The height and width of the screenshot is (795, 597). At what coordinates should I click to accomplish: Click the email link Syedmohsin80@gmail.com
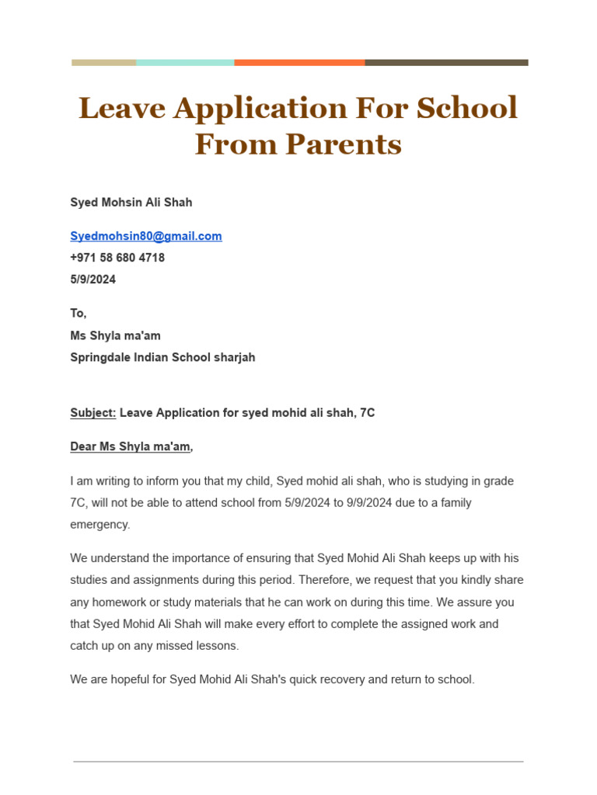click(x=146, y=236)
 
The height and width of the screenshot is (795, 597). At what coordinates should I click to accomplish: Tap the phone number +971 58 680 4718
click(x=117, y=258)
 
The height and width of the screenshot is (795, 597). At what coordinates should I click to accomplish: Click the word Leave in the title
click(x=122, y=108)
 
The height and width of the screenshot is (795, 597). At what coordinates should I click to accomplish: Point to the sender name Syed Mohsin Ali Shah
click(x=131, y=203)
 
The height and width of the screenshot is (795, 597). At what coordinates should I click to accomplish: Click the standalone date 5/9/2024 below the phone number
click(x=93, y=279)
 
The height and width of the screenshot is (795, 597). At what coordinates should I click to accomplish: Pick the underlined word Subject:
click(x=93, y=413)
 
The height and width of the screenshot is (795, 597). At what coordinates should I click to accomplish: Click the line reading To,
click(x=79, y=314)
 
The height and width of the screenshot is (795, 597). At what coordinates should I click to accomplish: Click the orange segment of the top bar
click(x=299, y=63)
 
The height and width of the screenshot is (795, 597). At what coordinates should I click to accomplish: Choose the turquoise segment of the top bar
click(x=185, y=63)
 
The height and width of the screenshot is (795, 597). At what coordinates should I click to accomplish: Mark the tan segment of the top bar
click(x=104, y=63)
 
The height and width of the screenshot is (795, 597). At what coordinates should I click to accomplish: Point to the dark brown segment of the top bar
click(x=446, y=63)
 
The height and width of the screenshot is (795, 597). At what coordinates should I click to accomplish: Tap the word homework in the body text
click(x=123, y=602)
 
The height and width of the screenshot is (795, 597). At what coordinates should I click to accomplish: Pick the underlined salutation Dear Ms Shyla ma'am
click(x=131, y=447)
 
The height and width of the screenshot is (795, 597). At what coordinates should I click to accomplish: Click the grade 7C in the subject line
click(x=367, y=413)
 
